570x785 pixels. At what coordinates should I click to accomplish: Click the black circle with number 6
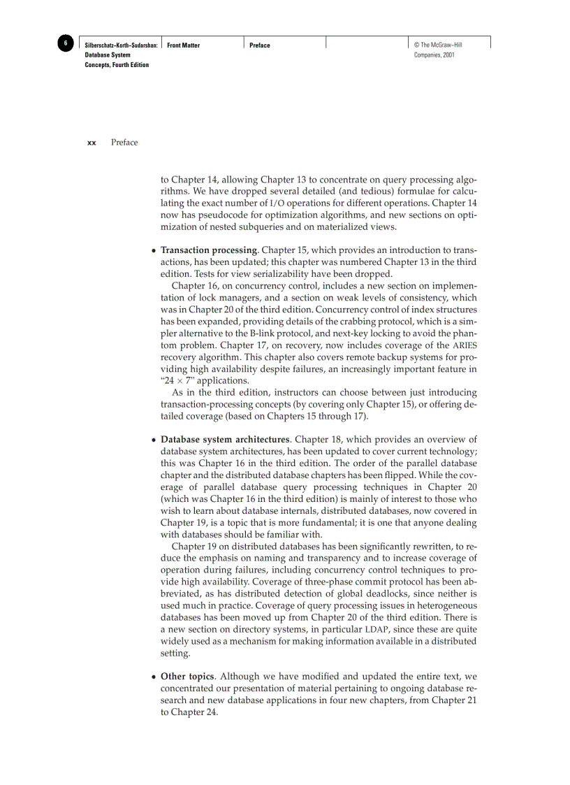[65, 44]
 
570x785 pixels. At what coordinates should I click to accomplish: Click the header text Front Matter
[184, 45]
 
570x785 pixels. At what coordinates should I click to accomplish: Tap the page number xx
[92, 143]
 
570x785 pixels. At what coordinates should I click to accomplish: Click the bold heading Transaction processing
[209, 250]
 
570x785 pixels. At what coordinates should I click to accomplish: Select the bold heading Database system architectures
[225, 440]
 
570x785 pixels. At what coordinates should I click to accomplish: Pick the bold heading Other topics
[187, 677]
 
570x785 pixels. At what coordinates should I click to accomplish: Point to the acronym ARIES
[465, 345]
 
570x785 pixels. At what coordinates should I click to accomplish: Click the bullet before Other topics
[154, 677]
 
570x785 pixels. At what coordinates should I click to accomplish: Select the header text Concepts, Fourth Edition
[117, 65]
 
